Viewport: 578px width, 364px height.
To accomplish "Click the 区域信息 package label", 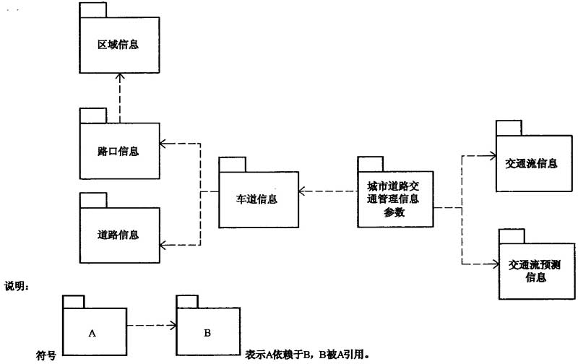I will pyautogui.click(x=118, y=45).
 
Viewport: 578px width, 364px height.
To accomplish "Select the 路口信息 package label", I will pyautogui.click(x=118, y=152).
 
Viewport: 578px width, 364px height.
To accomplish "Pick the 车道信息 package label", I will pyautogui.click(x=257, y=198).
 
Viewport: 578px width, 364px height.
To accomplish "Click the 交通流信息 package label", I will pyautogui.click(x=531, y=163).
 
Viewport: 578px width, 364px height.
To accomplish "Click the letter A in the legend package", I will pyautogui.click(x=92, y=333).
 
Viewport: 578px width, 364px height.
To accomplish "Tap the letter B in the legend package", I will pyautogui.click(x=207, y=333).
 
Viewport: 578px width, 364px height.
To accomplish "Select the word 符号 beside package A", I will pyautogui.click(x=46, y=355).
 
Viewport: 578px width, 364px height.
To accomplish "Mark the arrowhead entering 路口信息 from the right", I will pyautogui.click(x=163, y=142).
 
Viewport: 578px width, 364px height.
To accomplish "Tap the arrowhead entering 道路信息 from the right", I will pyautogui.click(x=163, y=243).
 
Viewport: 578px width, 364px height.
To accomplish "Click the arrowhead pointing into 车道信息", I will pyautogui.click(x=302, y=192).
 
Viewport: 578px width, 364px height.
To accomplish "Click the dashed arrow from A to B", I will pyautogui.click(x=150, y=325).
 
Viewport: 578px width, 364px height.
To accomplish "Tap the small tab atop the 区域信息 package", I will pyautogui.click(x=92, y=11).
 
